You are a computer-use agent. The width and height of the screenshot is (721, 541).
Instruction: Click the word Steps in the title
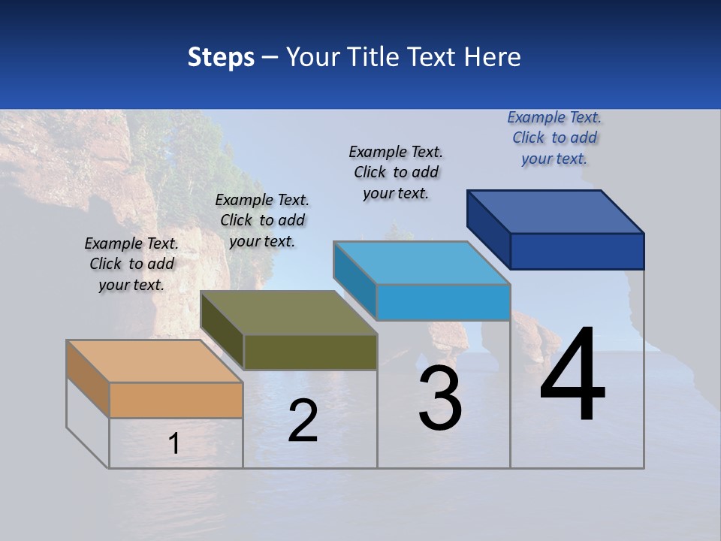221,57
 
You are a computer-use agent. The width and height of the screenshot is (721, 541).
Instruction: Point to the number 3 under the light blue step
440,399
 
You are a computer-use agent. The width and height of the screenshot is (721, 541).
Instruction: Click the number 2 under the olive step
303,422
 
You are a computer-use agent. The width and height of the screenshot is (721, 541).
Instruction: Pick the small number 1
173,444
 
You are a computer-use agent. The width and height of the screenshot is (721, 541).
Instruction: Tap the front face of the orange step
176,400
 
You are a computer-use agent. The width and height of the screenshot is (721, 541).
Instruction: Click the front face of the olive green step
310,352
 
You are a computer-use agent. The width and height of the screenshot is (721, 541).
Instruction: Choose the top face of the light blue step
421,263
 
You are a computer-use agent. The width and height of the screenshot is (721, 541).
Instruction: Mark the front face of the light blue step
443,302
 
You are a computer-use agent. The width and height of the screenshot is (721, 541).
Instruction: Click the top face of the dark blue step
555,212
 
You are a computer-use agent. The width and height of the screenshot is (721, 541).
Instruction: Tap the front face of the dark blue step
577,251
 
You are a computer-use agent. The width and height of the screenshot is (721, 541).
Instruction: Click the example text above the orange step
131,264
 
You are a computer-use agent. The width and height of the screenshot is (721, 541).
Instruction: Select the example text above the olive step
262,220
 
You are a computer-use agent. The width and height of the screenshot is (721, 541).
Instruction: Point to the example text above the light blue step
396,172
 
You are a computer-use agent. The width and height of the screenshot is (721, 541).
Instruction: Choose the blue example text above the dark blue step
554,138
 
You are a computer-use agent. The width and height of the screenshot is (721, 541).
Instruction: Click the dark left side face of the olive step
222,331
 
